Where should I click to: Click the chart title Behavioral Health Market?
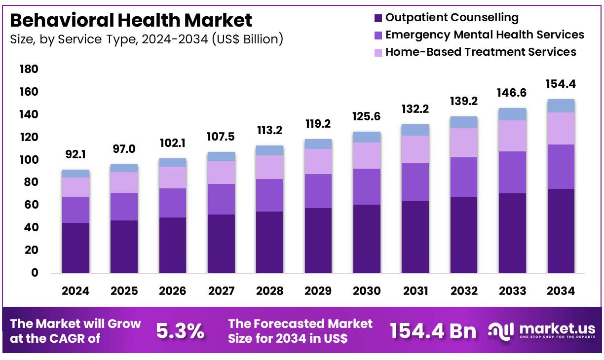click(131, 20)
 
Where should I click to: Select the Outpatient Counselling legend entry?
click(451, 18)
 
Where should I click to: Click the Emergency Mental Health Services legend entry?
click(484, 35)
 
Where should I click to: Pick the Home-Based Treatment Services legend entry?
click(480, 52)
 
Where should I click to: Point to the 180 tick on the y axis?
click(28, 70)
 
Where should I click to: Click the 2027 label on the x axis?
click(221, 291)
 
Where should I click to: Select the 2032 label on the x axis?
click(463, 291)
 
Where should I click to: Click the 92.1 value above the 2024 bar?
click(75, 155)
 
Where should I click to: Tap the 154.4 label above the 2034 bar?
click(561, 84)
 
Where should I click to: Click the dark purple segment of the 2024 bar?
click(75, 248)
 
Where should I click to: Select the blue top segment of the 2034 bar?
click(561, 106)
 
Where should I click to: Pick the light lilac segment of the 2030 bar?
click(367, 155)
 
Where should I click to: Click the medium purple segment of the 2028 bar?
click(269, 195)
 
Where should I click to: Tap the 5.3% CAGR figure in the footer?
click(180, 331)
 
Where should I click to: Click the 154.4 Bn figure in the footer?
click(433, 331)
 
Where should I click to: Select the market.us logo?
click(541, 330)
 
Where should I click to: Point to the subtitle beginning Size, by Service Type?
click(147, 39)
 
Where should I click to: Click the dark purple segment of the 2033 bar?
click(512, 233)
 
